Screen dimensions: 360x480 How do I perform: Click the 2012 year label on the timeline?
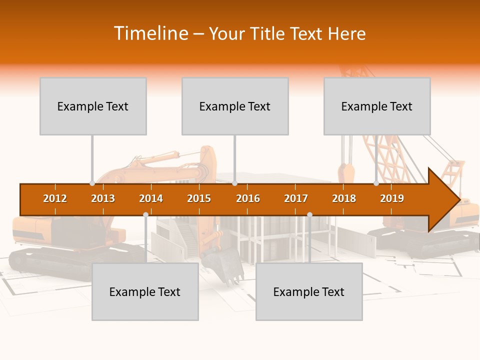(55, 198)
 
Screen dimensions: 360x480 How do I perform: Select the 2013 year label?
(103, 198)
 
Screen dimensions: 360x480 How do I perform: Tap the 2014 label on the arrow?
(151, 198)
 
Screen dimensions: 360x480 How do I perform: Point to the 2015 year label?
(199, 198)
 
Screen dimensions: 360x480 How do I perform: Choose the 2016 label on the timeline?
(248, 198)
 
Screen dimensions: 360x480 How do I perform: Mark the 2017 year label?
(296, 198)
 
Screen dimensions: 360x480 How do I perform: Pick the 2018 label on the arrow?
(344, 198)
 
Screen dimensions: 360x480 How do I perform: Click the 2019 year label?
(392, 198)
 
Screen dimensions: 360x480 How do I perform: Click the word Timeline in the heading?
(150, 33)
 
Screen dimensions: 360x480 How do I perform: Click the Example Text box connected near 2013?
(93, 106)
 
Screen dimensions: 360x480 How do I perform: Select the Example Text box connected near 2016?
(235, 106)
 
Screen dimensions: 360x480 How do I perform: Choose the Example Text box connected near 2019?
(377, 106)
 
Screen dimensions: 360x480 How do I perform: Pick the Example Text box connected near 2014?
(145, 291)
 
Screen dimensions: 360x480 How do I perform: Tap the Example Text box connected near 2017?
(309, 291)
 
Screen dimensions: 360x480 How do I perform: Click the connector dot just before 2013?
(92, 183)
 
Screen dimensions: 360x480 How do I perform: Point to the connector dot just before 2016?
(234, 183)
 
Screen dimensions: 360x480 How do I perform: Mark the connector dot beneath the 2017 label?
(309, 214)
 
